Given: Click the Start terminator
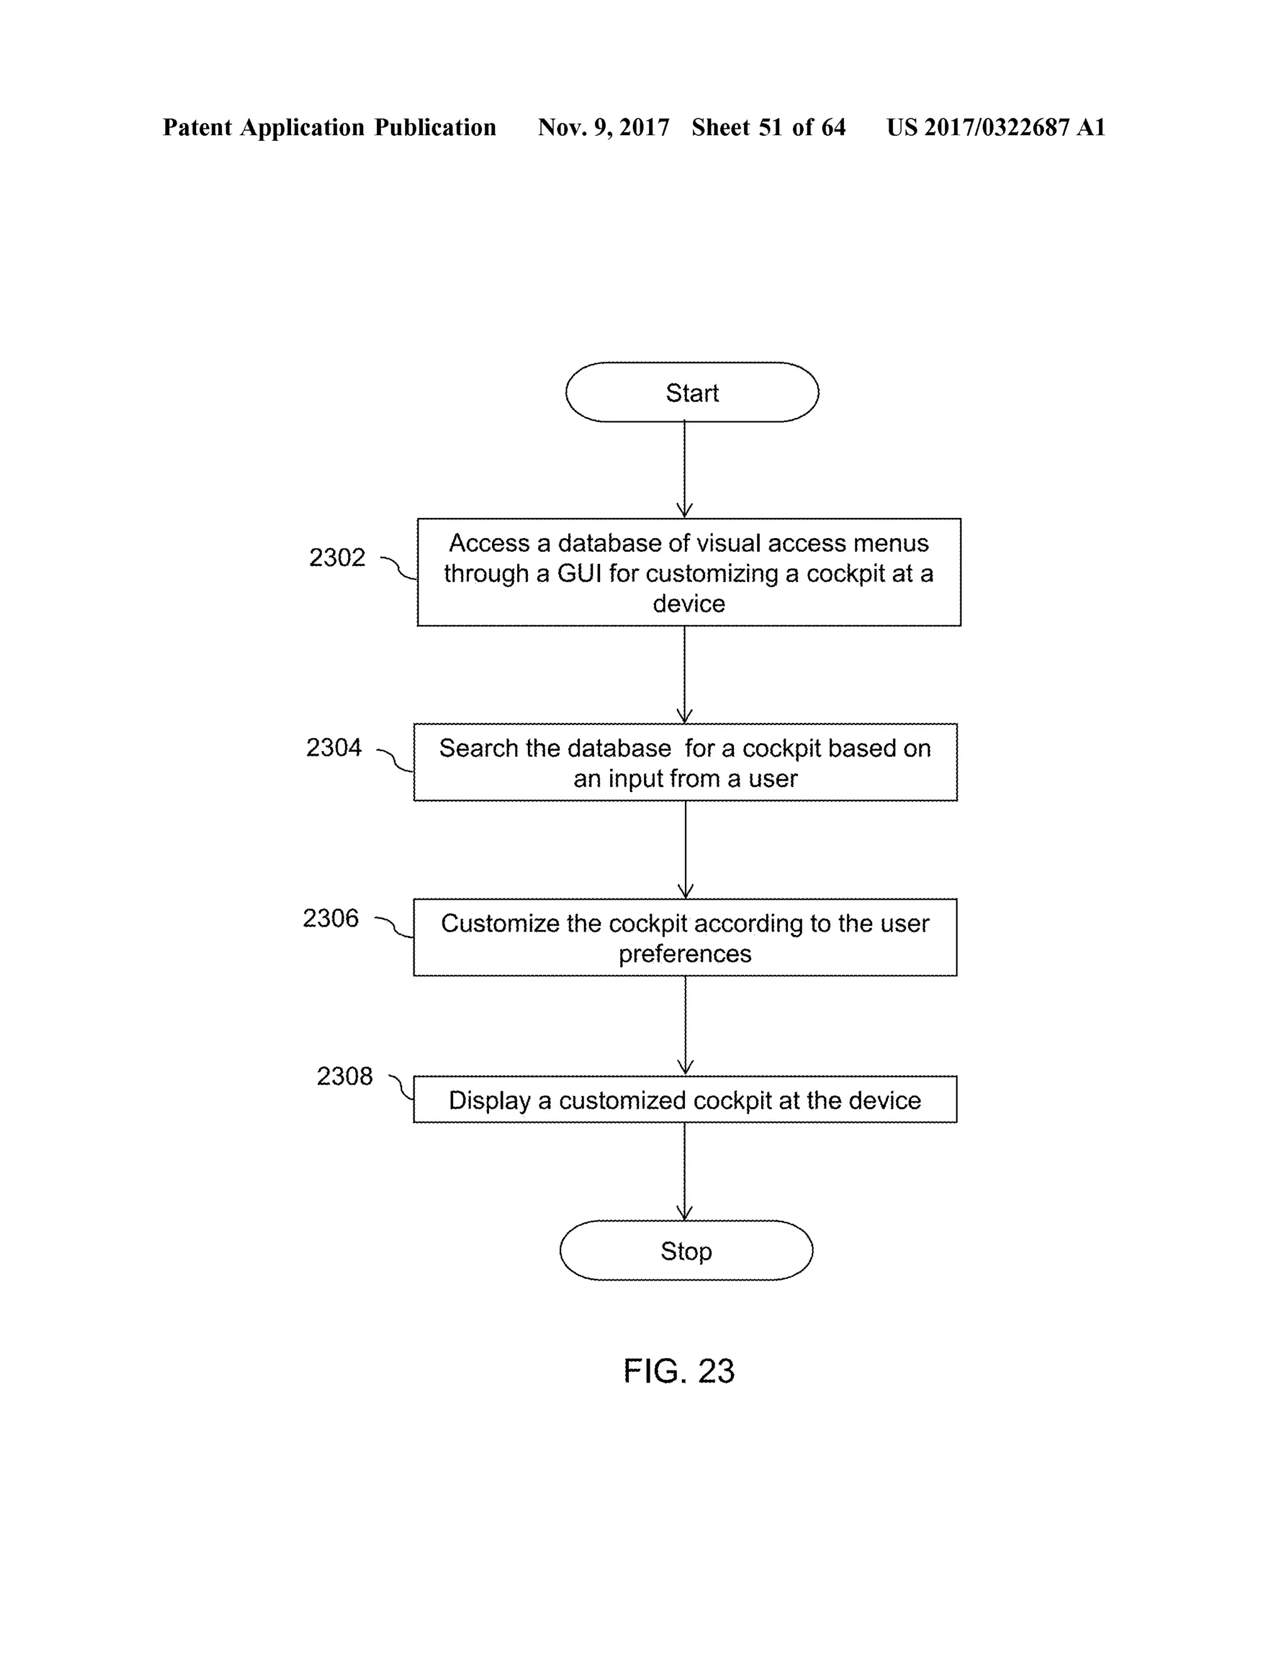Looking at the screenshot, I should click(691, 392).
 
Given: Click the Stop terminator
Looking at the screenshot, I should click(686, 1250).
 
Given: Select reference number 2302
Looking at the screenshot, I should click(336, 558).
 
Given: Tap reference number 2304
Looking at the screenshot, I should click(333, 747).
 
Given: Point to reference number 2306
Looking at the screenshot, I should click(330, 919).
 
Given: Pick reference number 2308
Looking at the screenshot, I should click(344, 1076).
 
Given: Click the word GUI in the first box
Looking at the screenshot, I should click(579, 573).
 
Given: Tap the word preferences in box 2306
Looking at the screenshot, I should click(685, 954).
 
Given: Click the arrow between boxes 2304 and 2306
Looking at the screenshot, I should click(685, 849).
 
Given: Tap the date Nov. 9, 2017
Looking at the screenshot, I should click(603, 128).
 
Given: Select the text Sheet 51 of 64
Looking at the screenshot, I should click(768, 128).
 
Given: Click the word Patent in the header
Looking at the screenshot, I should click(197, 128).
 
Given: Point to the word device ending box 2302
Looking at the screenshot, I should click(689, 604).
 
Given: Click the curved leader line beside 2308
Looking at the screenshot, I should click(400, 1087).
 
